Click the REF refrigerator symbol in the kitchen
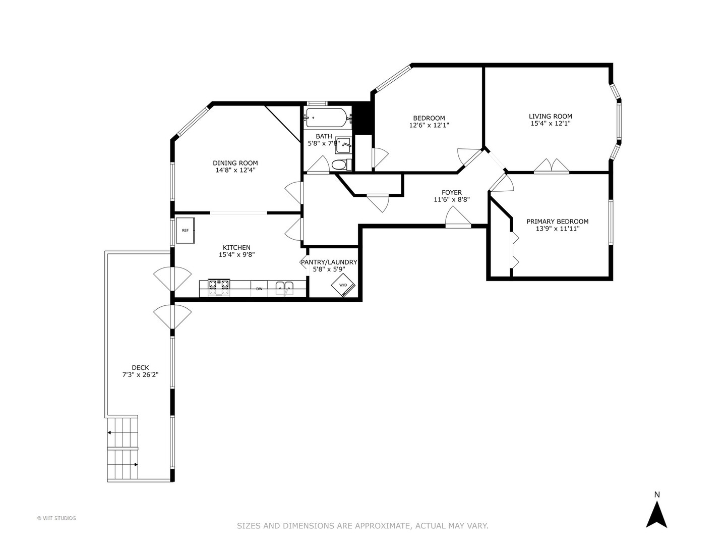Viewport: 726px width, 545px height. pyautogui.click(x=185, y=230)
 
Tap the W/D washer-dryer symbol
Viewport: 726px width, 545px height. pyautogui.click(x=343, y=286)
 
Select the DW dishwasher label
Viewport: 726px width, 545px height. pyautogui.click(x=259, y=289)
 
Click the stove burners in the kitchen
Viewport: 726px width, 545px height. pyautogui.click(x=219, y=287)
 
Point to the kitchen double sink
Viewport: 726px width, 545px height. pyautogui.click(x=284, y=288)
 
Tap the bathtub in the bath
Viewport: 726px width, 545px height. pyautogui.click(x=326, y=118)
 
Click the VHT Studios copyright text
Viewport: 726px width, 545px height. pyautogui.click(x=56, y=518)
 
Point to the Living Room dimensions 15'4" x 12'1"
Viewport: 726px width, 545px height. pyautogui.click(x=550, y=123)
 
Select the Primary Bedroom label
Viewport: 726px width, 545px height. pyautogui.click(x=557, y=222)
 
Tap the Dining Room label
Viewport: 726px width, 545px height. pyautogui.click(x=235, y=163)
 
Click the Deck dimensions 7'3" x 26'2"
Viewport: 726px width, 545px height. pyautogui.click(x=140, y=374)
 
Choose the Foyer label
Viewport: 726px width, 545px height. pyautogui.click(x=451, y=192)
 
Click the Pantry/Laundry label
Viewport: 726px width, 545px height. pyautogui.click(x=329, y=262)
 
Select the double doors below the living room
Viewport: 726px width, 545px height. pyautogui.click(x=551, y=167)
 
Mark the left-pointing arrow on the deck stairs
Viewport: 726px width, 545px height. pyautogui.click(x=110, y=432)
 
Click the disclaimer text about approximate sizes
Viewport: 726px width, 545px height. pyautogui.click(x=362, y=526)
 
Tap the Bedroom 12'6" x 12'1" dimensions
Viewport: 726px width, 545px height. pyautogui.click(x=429, y=125)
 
